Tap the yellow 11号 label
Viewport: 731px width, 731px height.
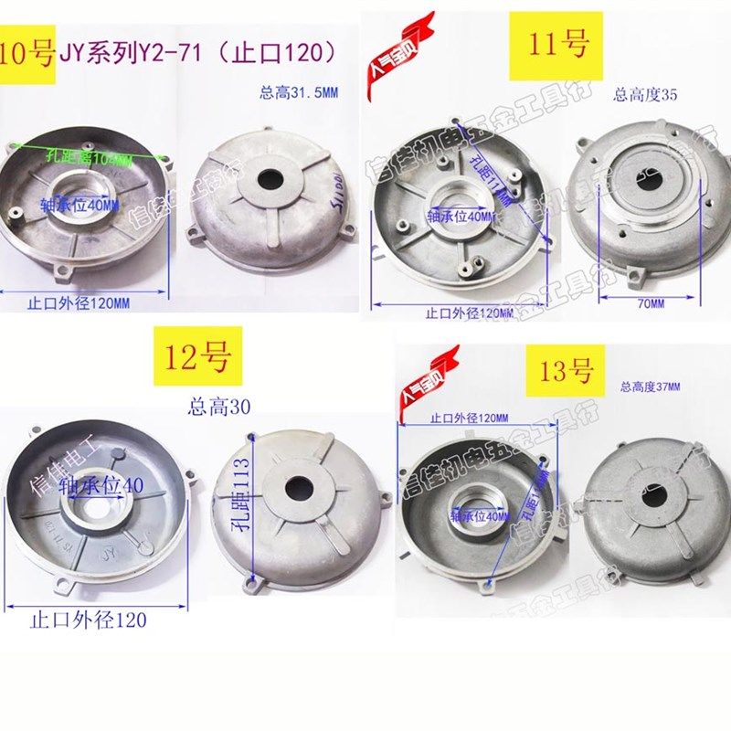point(560,41)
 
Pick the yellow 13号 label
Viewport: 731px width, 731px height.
point(567,370)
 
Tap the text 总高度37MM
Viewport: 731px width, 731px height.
point(651,387)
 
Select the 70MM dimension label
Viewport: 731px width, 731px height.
point(650,301)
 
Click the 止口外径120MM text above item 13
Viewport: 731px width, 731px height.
point(469,418)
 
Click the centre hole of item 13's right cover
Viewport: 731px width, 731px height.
point(654,497)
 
